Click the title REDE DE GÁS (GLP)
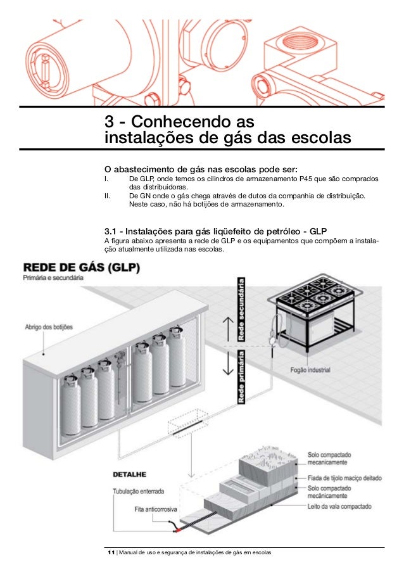tap(82, 267)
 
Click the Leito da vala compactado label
tap(339, 507)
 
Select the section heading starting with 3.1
tap(215, 229)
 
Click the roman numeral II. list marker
tap(108, 197)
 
